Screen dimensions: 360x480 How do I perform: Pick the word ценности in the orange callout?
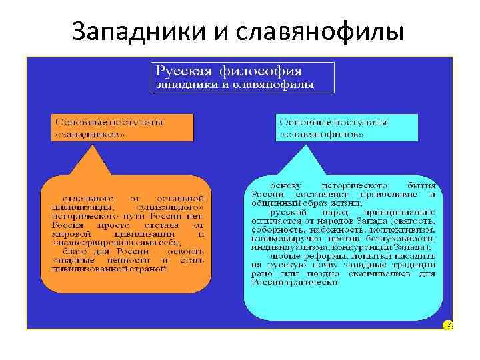(136, 261)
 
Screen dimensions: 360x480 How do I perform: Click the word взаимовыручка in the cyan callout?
(287, 238)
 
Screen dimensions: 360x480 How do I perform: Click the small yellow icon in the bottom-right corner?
(448, 325)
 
